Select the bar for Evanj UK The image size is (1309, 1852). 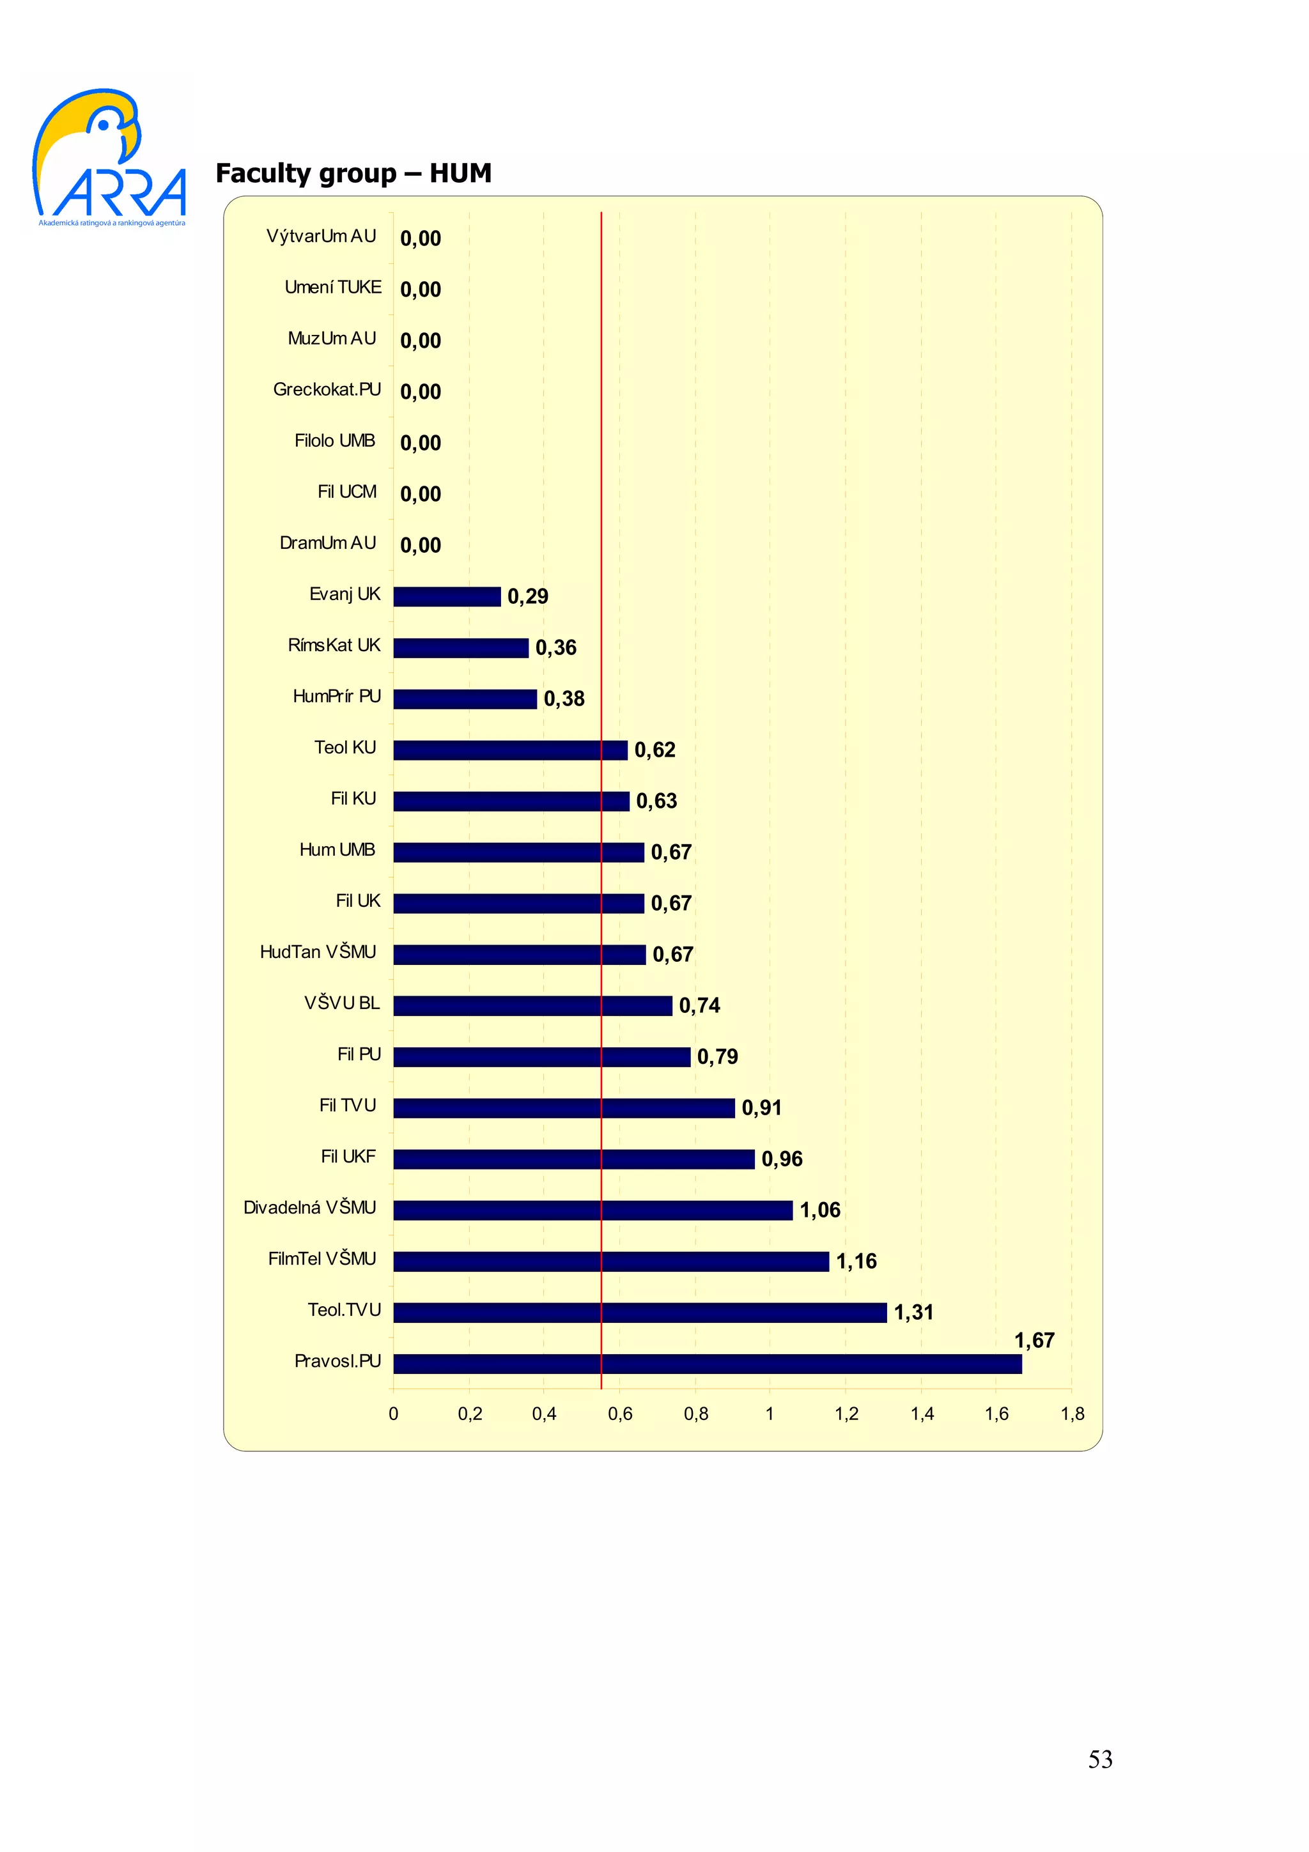click(447, 596)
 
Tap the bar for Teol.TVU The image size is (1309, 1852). click(640, 1313)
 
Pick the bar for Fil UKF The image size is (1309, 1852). click(573, 1159)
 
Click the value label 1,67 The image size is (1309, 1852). click(1034, 1340)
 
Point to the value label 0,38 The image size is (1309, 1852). click(564, 698)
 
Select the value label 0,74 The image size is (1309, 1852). click(699, 1005)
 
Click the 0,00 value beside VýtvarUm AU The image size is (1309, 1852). click(420, 239)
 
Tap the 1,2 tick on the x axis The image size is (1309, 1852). click(846, 1414)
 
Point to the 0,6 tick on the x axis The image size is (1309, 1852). click(619, 1414)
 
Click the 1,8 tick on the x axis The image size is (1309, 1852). click(1072, 1414)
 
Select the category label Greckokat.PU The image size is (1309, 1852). click(327, 390)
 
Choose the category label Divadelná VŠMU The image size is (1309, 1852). click(310, 1208)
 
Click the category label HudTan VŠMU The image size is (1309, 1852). click(318, 952)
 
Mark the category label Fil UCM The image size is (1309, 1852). click(347, 492)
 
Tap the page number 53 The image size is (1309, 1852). click(1099, 1759)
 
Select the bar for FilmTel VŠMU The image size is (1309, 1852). click(610, 1262)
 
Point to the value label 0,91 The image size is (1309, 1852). click(761, 1107)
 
